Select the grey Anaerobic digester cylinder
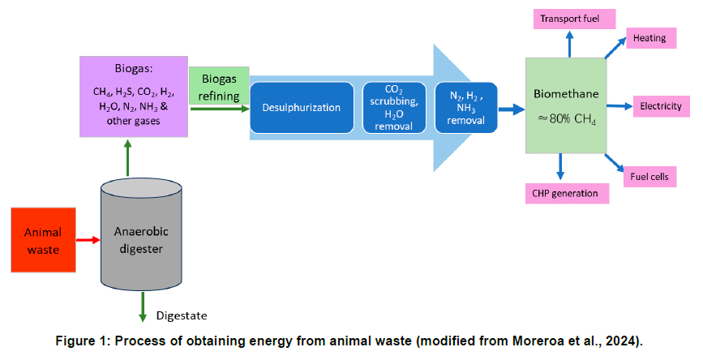point(142,235)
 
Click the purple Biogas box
point(135,95)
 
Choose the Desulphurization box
point(301,107)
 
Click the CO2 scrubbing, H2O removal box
point(393,107)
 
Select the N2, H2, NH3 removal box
point(465,107)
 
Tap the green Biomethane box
point(565,105)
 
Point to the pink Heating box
point(650,37)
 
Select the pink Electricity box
point(660,106)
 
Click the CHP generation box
point(565,193)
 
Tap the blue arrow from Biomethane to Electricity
point(619,106)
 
